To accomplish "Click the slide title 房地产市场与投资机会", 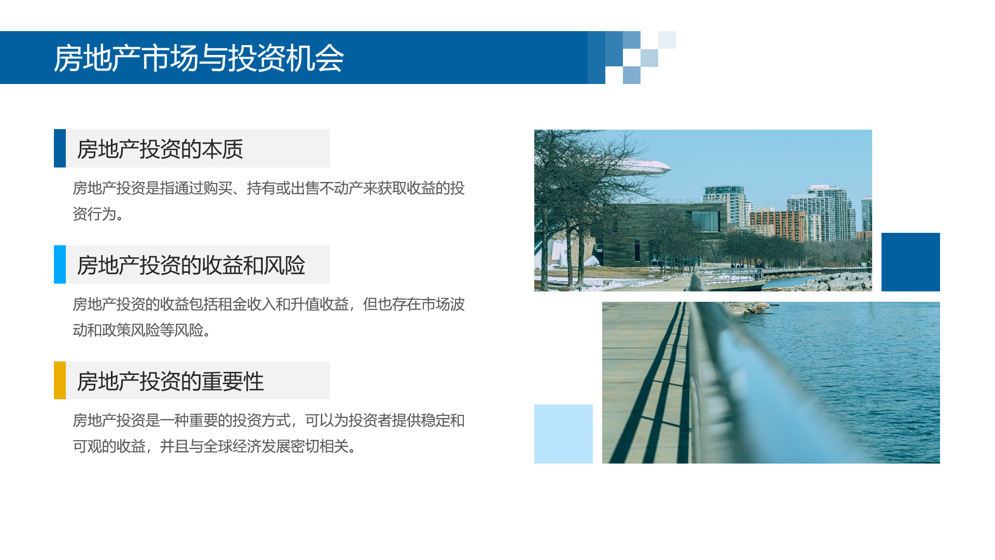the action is [198, 58].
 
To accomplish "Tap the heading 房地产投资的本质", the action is [160, 149].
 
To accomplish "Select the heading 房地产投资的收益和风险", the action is [191, 265].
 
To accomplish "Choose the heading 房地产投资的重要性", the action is [170, 382].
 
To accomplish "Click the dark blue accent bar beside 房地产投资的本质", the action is [60, 148].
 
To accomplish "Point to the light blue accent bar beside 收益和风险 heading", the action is [60, 264].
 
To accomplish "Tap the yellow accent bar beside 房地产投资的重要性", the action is [60, 380].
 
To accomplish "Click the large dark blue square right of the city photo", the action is [911, 262].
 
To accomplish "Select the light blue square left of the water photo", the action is [563, 434].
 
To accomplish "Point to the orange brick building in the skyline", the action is [776, 225].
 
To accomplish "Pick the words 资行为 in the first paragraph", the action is [94, 214].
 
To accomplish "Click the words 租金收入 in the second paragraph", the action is [247, 304].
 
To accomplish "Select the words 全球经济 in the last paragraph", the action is [232, 446].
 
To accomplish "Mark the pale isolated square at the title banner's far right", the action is [667, 40].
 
